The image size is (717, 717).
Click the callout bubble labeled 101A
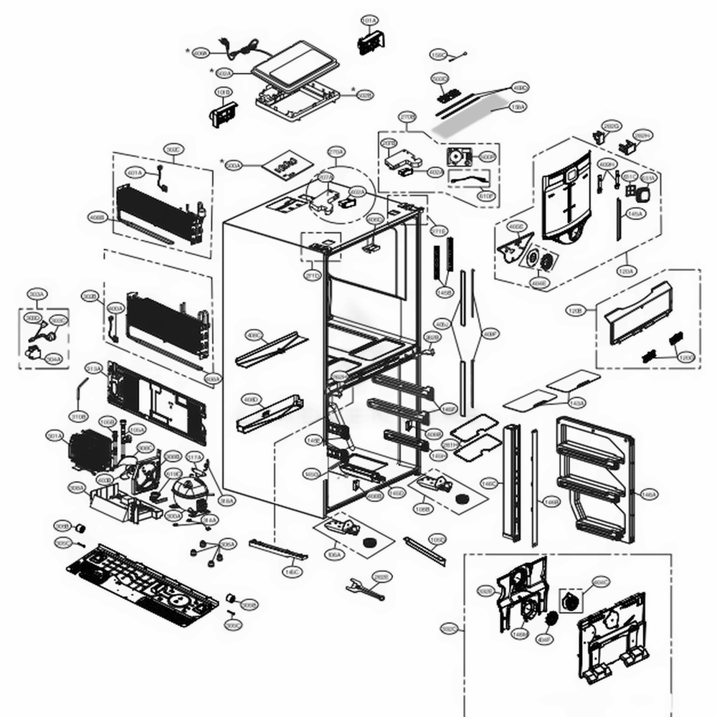click(369, 22)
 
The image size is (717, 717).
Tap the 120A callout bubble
click(626, 271)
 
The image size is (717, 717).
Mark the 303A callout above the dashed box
click(36, 294)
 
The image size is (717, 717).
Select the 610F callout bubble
click(486, 196)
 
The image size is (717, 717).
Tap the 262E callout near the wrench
click(381, 576)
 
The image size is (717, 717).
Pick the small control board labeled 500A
click(280, 167)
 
